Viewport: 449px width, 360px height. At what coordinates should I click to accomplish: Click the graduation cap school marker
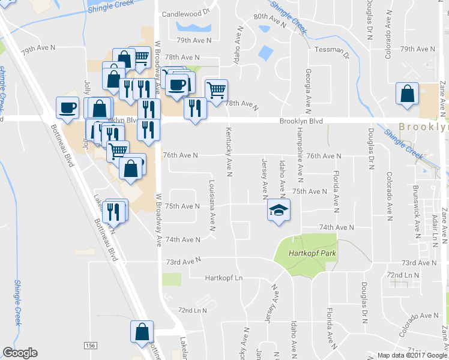277,211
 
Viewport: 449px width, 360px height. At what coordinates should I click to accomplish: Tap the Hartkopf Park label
306,253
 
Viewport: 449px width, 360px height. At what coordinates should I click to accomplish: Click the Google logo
20,353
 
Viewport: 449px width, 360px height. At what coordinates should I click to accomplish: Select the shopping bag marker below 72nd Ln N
142,331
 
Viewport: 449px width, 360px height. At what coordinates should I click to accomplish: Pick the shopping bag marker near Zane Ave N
407,94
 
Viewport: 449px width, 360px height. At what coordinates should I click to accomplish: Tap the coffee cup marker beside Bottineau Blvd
67,108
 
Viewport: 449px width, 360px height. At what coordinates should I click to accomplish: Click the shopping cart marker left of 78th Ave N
216,91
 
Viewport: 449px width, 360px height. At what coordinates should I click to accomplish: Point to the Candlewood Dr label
187,12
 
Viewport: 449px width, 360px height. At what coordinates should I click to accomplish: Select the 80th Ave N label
268,19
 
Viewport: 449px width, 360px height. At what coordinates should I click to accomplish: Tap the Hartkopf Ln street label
224,278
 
